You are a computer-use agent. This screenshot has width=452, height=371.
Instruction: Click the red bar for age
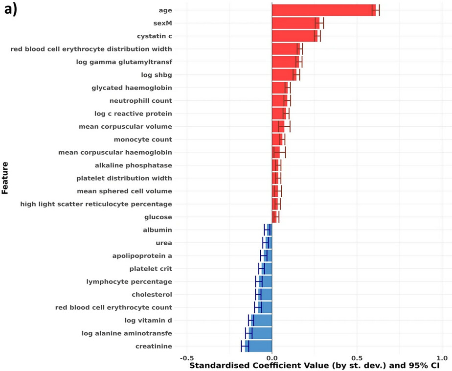pos(323,10)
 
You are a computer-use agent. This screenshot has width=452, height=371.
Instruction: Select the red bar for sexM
pos(295,23)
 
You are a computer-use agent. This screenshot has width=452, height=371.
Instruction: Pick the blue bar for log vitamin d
pos(262,320)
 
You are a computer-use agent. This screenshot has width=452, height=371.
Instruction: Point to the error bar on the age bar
pos(376,10)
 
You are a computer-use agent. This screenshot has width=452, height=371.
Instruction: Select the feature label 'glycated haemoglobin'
pos(132,88)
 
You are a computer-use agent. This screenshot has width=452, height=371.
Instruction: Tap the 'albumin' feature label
pos(158,230)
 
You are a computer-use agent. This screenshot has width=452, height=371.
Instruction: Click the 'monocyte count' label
pos(143,139)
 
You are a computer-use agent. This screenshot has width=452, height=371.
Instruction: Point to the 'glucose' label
pos(158,217)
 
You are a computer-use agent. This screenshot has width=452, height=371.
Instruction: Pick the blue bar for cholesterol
pos(265,294)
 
